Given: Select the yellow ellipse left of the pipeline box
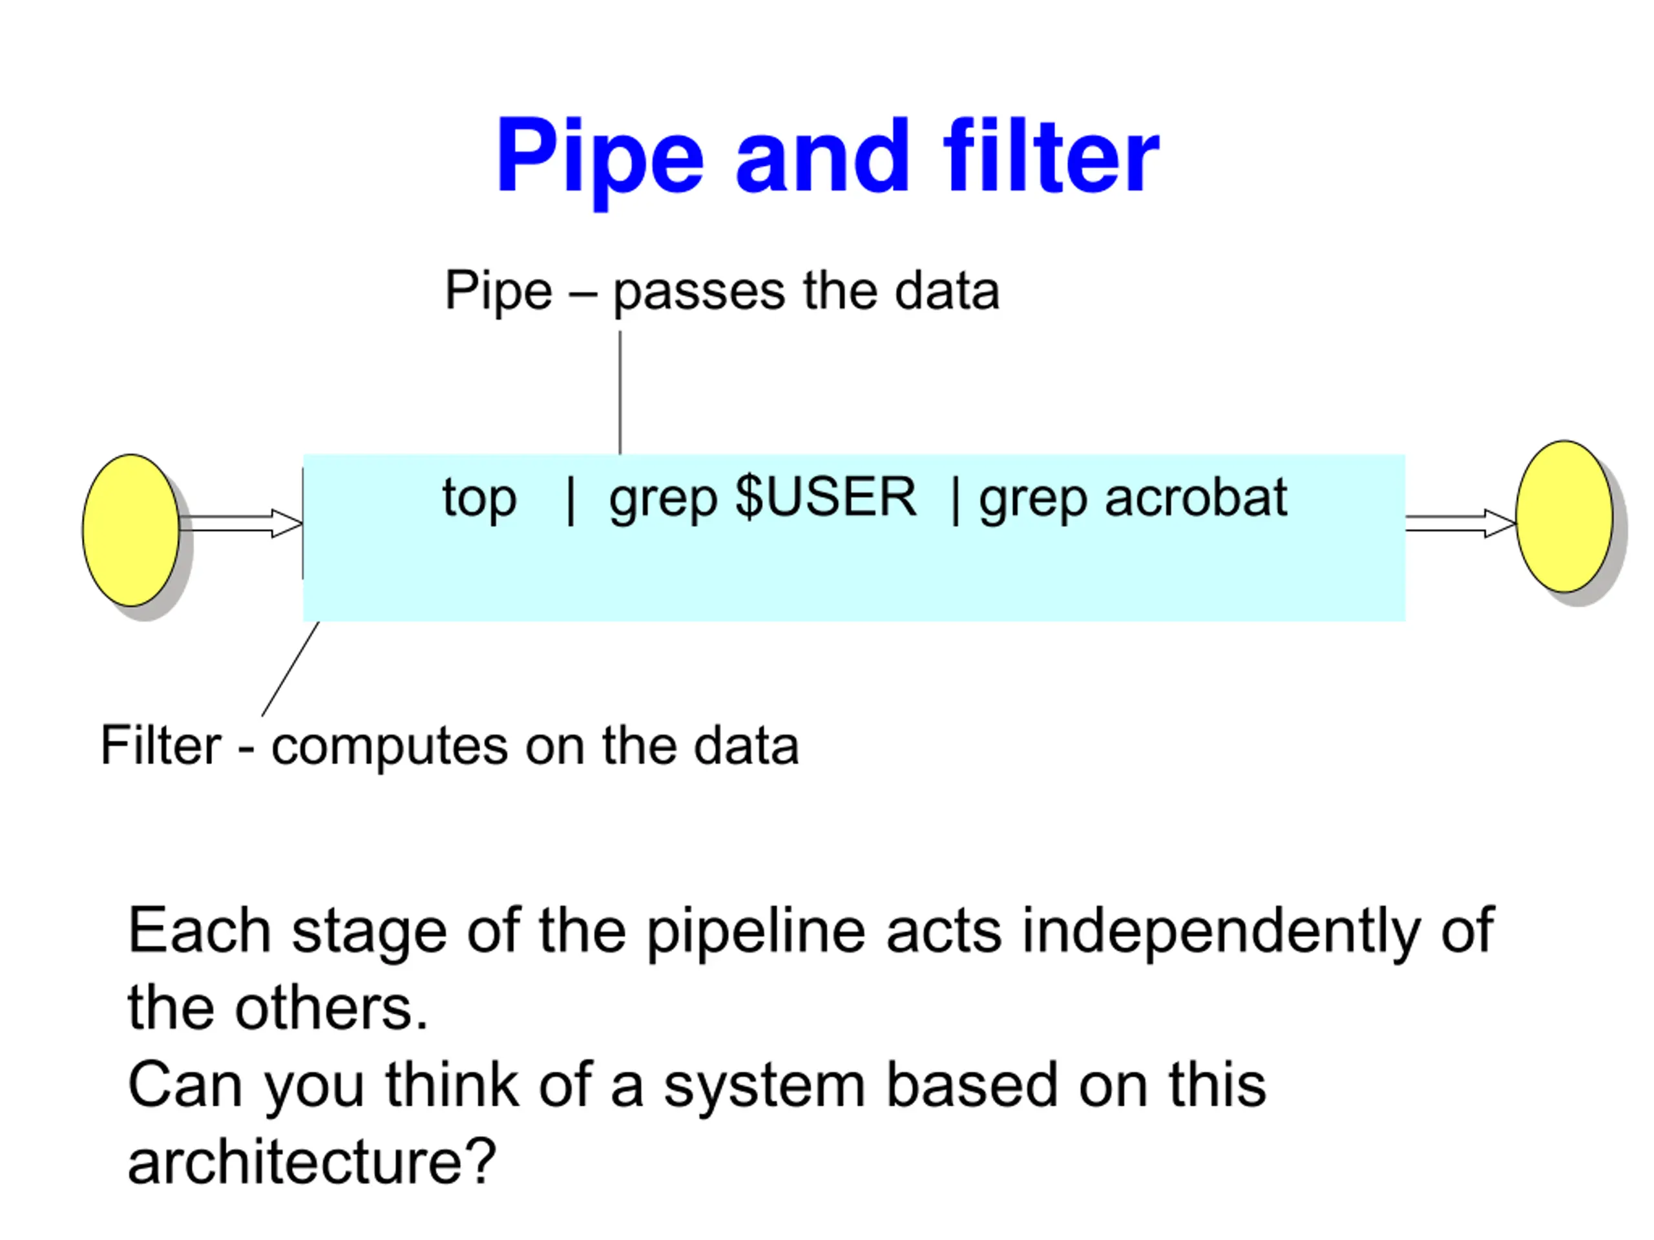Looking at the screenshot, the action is point(131,530).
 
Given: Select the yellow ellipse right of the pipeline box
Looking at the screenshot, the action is point(1564,517).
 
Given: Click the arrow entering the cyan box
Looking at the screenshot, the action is point(241,523).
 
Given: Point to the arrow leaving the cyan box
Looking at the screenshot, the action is point(1461,523).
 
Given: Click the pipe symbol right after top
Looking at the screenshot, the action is point(571,500).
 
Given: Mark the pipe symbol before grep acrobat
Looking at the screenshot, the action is point(955,500).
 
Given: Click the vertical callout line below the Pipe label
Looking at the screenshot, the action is point(620,393).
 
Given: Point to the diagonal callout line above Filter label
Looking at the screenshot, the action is point(290,669).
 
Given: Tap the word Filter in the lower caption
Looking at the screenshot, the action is point(161,745).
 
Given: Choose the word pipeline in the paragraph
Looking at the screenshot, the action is point(757,932).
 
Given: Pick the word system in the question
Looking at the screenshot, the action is point(764,1087).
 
